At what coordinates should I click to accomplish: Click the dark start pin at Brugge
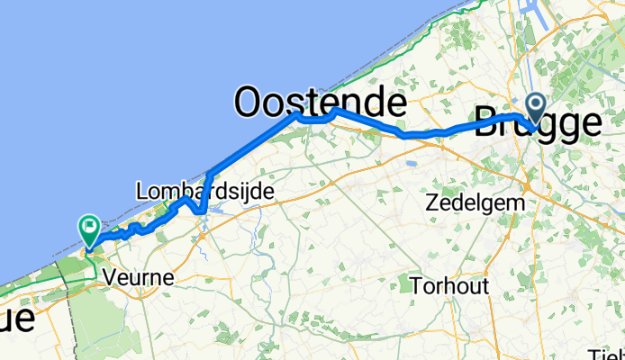[535, 110]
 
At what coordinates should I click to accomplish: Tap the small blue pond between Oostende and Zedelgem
[412, 165]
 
